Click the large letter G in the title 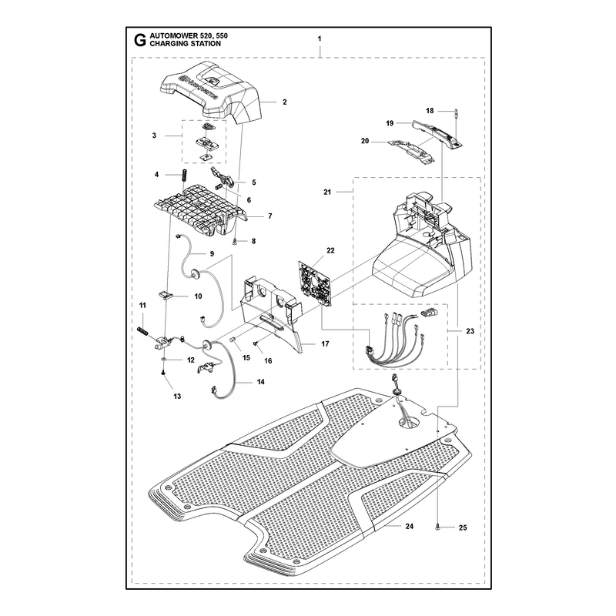[x=139, y=40]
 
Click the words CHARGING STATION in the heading [x=185, y=44]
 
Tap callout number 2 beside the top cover [x=285, y=102]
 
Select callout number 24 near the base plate [x=410, y=526]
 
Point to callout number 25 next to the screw [x=463, y=527]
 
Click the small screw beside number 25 [x=437, y=527]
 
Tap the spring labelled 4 [x=183, y=175]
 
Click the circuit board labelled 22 [x=315, y=286]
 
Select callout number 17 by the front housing [x=325, y=343]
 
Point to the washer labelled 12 [x=164, y=360]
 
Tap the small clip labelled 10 [x=166, y=294]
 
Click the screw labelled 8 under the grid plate [x=235, y=241]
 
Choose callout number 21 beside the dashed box [x=327, y=192]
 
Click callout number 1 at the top [x=320, y=38]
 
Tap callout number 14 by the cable [x=260, y=382]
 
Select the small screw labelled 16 [x=256, y=343]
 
